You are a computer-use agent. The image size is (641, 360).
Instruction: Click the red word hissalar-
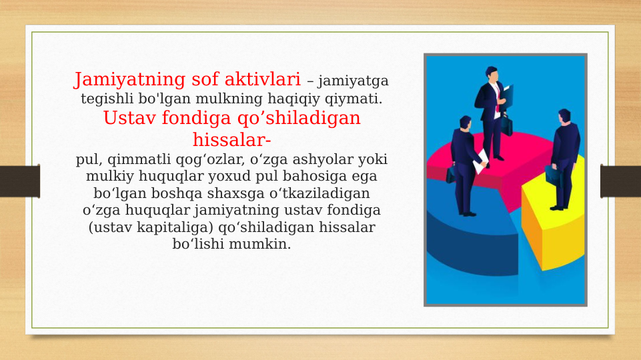click(x=231, y=141)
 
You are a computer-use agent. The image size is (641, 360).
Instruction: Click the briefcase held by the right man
click(x=552, y=174)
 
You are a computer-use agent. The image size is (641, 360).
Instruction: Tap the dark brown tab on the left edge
click(x=19, y=181)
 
